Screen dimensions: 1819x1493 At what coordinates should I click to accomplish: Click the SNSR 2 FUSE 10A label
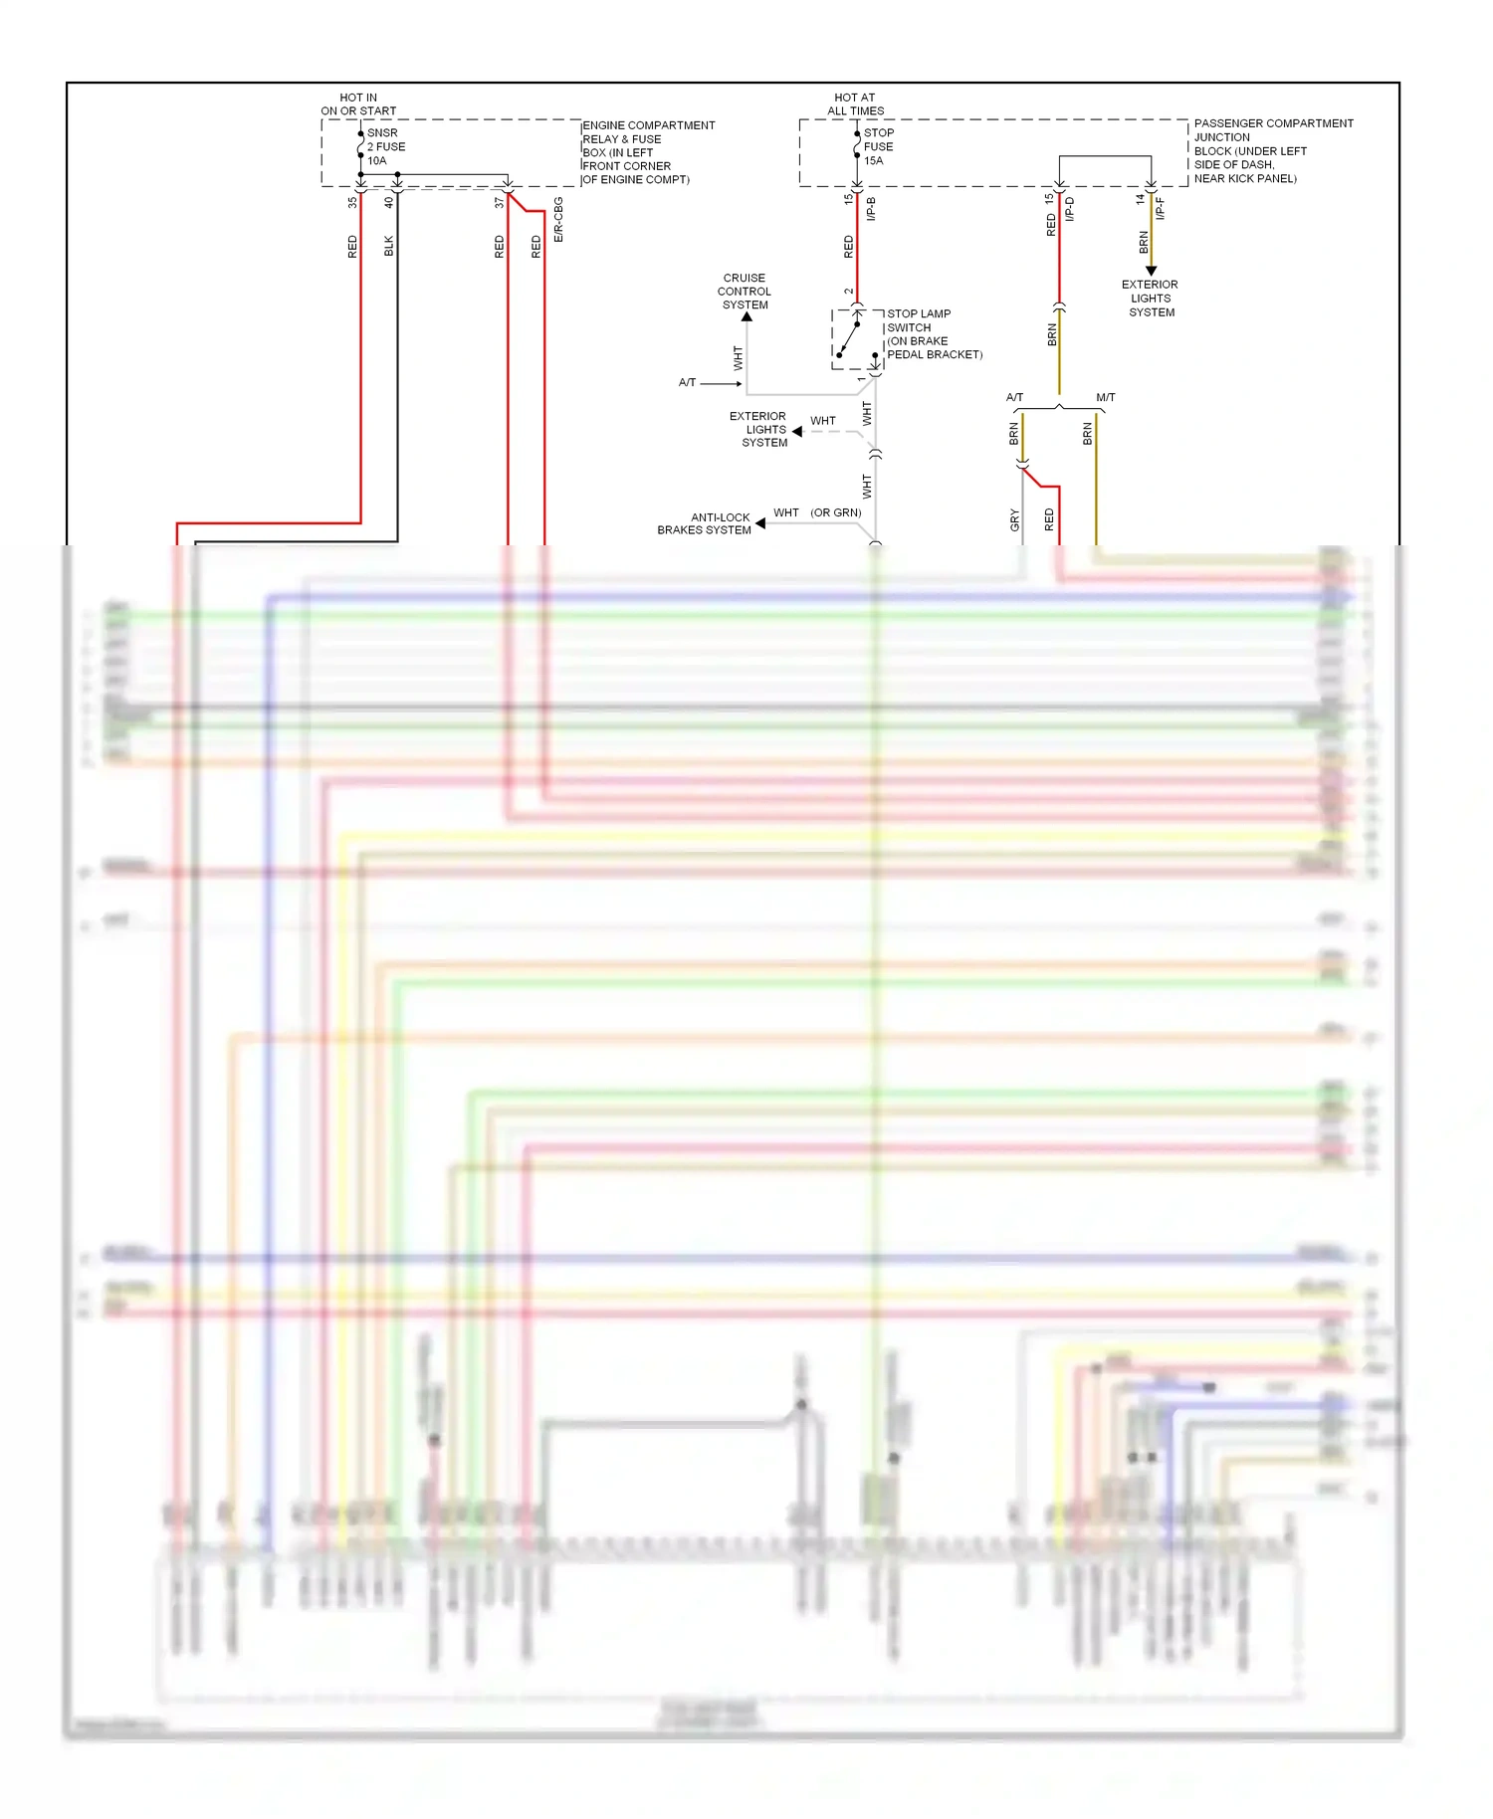click(x=385, y=146)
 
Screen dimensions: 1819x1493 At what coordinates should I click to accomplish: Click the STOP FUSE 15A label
click(x=878, y=146)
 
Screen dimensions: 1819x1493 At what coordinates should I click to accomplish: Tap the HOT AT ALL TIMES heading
click(x=855, y=104)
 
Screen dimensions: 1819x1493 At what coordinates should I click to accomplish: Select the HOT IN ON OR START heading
click(x=358, y=104)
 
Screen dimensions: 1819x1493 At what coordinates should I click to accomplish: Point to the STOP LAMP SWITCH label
click(x=934, y=334)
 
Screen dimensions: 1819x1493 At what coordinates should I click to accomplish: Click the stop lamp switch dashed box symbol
click(x=857, y=339)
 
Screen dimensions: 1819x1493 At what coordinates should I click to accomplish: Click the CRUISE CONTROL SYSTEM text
click(x=745, y=292)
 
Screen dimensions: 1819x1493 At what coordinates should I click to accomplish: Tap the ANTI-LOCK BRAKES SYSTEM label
click(x=705, y=523)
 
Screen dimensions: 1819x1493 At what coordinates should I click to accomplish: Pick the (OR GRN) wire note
click(x=835, y=512)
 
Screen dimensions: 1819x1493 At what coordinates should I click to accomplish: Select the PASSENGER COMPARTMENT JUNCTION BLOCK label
click(x=1272, y=150)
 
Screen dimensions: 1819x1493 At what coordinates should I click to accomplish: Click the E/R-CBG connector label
click(x=558, y=220)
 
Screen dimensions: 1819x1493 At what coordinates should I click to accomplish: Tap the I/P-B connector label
click(x=871, y=209)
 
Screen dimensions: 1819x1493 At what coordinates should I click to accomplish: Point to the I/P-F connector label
click(x=1160, y=208)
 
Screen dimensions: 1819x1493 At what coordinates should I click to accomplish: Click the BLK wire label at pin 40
click(x=389, y=246)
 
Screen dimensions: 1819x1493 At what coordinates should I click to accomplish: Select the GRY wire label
click(x=1014, y=519)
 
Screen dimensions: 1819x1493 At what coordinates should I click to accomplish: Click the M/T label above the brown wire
click(x=1105, y=397)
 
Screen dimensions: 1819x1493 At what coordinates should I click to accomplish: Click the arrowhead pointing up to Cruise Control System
click(x=746, y=317)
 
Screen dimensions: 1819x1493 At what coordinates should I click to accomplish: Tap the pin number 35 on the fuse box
click(x=352, y=202)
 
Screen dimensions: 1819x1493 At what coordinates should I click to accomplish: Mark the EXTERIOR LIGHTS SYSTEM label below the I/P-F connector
click(x=1151, y=299)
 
